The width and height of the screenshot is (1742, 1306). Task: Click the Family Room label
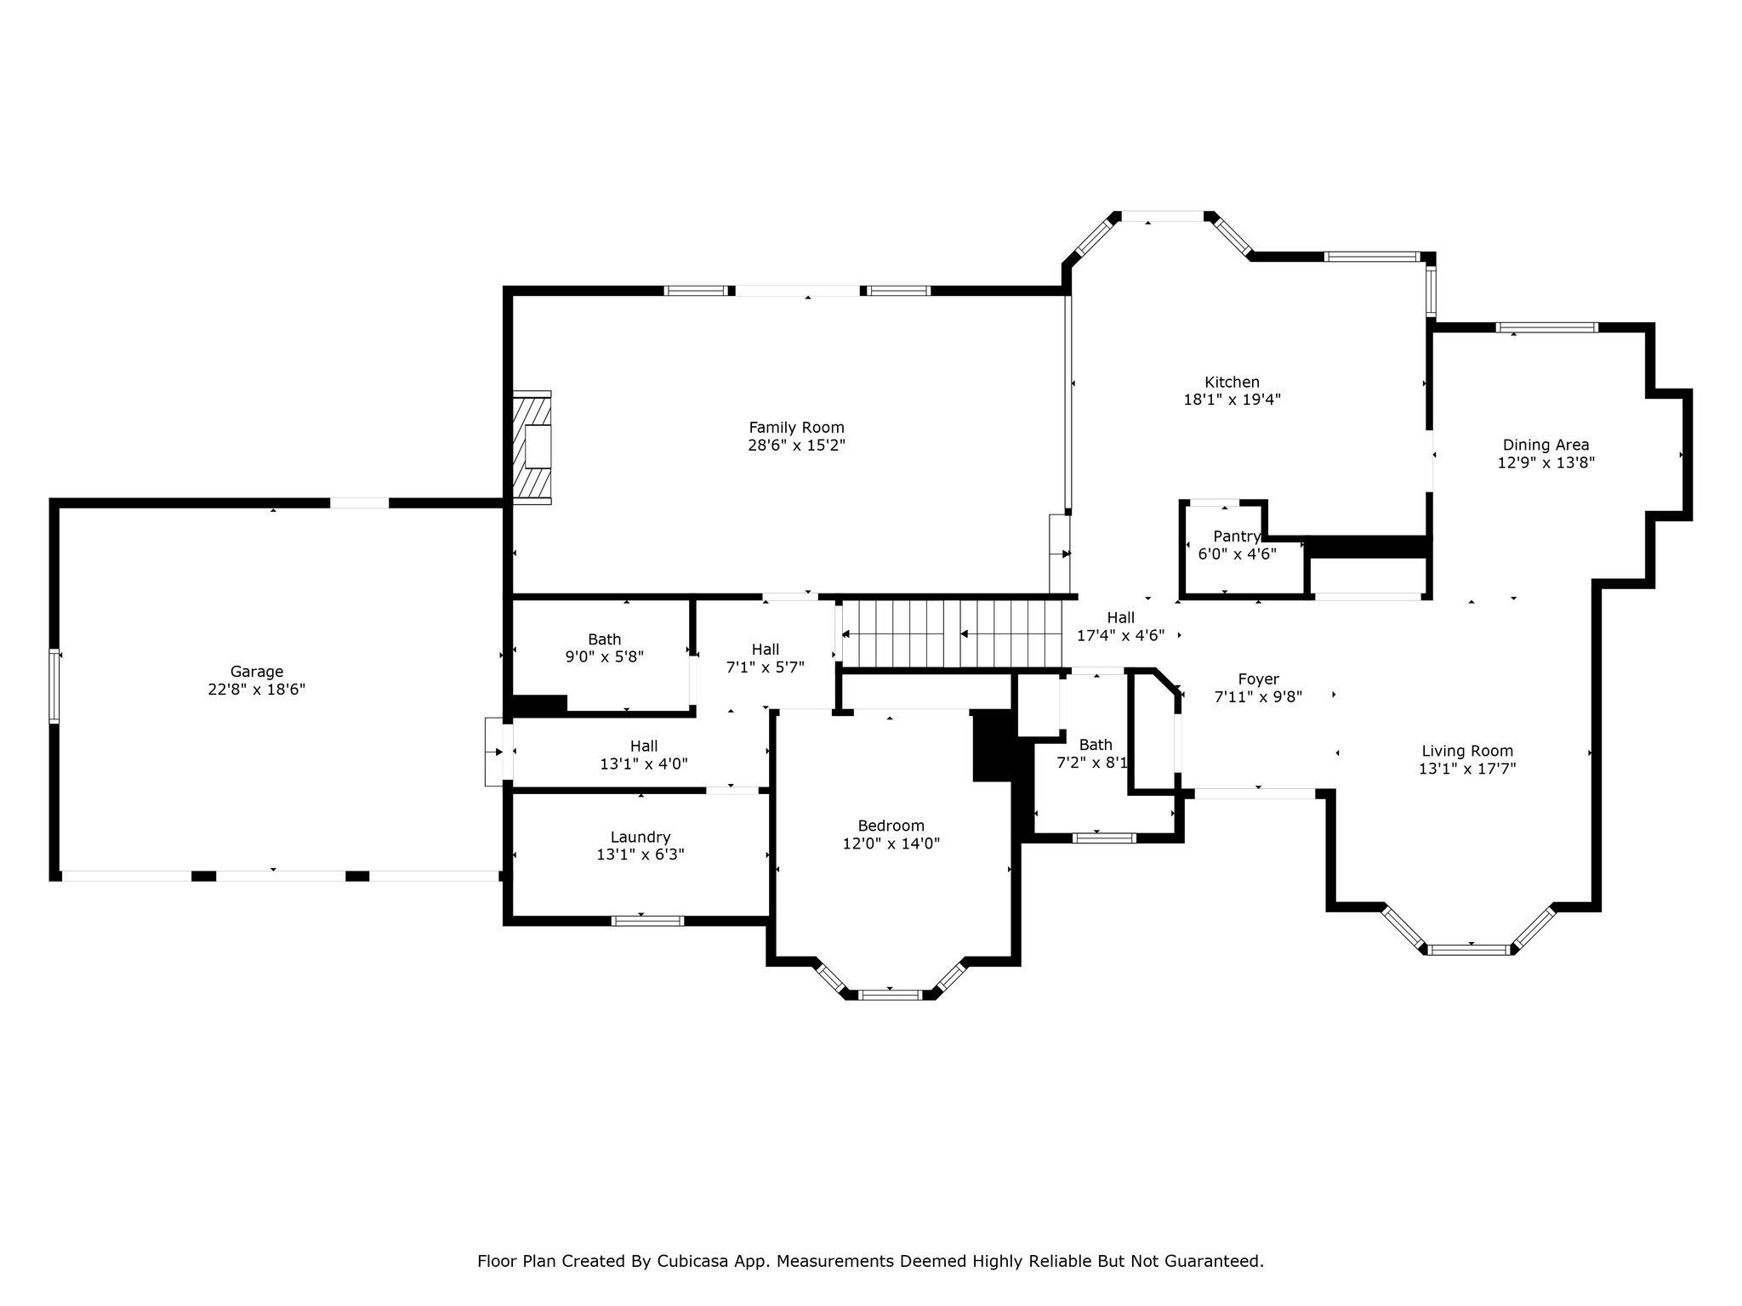(796, 428)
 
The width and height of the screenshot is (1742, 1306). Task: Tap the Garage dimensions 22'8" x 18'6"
(256, 690)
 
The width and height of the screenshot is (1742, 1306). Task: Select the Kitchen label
(1232, 383)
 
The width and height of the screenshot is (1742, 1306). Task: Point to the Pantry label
(1237, 537)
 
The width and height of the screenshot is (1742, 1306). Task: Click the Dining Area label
(1546, 445)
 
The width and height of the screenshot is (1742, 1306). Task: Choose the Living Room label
(1467, 751)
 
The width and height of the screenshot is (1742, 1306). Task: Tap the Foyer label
(1258, 679)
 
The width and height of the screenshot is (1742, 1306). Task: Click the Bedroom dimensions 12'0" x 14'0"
(891, 843)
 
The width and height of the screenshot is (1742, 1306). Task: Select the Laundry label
(640, 838)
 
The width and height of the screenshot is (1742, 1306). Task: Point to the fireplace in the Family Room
(532, 447)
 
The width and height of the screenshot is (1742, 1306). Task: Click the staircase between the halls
(952, 634)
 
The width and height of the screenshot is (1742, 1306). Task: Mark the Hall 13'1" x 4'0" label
(644, 755)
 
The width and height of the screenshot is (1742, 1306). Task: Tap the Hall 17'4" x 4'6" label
(1120, 627)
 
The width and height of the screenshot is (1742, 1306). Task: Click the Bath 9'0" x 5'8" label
(605, 648)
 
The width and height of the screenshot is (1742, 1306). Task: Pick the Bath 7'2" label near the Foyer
(1094, 754)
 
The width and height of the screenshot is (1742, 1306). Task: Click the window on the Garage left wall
(54, 686)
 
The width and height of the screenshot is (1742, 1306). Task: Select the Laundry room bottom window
(648, 920)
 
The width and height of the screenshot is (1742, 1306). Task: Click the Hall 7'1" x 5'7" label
(766, 659)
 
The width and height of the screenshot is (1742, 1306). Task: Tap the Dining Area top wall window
(1547, 327)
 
